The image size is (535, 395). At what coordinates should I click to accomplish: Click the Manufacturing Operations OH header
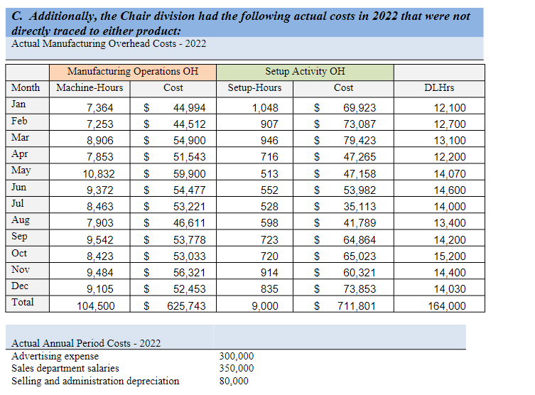pyautogui.click(x=133, y=71)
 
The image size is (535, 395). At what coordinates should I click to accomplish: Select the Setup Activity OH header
pyautogui.click(x=305, y=71)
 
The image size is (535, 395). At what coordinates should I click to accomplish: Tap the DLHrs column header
pyautogui.click(x=438, y=88)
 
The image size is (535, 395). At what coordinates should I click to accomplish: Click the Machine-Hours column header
pyautogui.click(x=90, y=88)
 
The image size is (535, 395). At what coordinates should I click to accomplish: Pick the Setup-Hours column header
pyautogui.click(x=254, y=88)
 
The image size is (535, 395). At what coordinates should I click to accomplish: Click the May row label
pyautogui.click(x=21, y=171)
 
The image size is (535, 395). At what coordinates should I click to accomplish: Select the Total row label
pyautogui.click(x=23, y=302)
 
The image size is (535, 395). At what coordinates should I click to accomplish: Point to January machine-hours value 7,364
pyautogui.click(x=99, y=108)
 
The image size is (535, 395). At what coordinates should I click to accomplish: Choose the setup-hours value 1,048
pyautogui.click(x=265, y=108)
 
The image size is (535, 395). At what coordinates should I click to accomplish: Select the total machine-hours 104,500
pyautogui.click(x=95, y=306)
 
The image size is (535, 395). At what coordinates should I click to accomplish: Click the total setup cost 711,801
pyautogui.click(x=357, y=306)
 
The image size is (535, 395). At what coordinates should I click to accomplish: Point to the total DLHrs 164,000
pyautogui.click(x=447, y=306)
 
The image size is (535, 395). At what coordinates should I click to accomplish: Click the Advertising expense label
pyautogui.click(x=55, y=356)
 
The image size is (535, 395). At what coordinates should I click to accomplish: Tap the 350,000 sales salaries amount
pyautogui.click(x=236, y=368)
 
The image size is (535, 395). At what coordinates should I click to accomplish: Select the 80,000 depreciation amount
pyautogui.click(x=234, y=381)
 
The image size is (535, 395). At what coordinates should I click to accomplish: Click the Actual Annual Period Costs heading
pyautogui.click(x=86, y=343)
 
